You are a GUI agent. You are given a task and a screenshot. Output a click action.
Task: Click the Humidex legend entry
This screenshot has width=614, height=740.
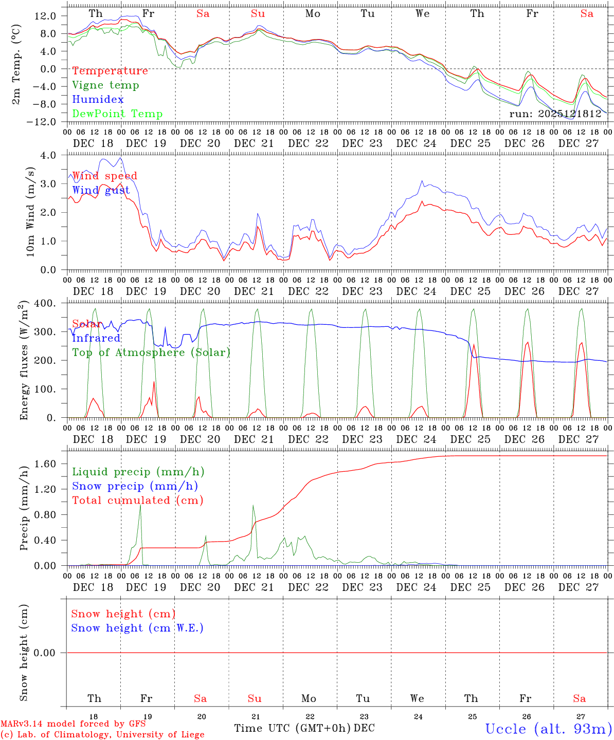[x=98, y=100]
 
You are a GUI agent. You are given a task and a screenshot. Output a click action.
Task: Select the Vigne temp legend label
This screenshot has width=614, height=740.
[x=105, y=85]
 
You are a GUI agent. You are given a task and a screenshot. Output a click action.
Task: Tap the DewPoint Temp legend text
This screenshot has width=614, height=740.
[x=117, y=114]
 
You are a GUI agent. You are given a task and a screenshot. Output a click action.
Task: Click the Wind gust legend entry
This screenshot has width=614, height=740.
[x=101, y=190]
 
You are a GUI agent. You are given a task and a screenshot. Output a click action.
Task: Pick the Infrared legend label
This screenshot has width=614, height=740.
[x=96, y=338]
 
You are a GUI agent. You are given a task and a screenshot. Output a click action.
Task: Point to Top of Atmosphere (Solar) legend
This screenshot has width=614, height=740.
[x=151, y=353]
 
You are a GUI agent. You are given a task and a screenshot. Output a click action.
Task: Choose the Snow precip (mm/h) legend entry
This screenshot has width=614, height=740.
[x=135, y=486]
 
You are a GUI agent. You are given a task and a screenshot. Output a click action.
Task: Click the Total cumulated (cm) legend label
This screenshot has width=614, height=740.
[x=137, y=501]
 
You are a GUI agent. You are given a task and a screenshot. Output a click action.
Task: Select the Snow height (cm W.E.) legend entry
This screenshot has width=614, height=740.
[x=137, y=628]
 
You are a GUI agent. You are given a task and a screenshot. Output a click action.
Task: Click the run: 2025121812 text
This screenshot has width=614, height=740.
[x=555, y=114]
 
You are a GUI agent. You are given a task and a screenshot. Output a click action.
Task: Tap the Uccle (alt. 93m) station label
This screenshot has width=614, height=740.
[x=548, y=729]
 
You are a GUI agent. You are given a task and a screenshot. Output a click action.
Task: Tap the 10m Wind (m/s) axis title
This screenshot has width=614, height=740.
[x=30, y=212]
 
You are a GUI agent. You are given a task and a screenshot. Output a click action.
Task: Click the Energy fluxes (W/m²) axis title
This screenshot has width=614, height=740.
[x=24, y=360]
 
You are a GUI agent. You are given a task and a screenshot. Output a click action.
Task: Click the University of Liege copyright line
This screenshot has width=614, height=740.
[x=102, y=735]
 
